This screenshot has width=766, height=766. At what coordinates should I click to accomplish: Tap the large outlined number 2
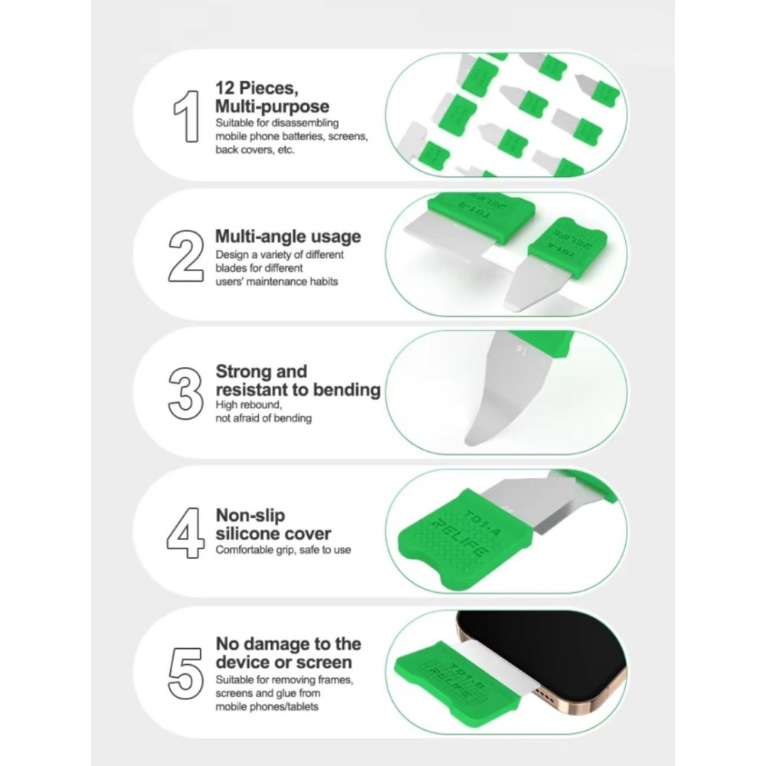pos(186,256)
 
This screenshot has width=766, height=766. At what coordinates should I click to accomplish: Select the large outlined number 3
pos(185,393)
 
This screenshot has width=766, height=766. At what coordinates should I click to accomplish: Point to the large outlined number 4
pos(185,533)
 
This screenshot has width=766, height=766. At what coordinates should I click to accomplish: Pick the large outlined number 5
pos(185,673)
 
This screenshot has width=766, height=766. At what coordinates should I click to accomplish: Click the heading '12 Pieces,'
pos(257,88)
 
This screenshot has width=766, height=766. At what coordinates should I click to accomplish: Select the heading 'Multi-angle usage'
pos(288,237)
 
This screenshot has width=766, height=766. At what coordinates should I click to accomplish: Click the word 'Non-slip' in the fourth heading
pos(250,516)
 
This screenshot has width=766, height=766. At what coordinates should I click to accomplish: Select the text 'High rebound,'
pos(249,405)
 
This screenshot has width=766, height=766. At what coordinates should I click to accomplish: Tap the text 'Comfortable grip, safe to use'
pos(283,550)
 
